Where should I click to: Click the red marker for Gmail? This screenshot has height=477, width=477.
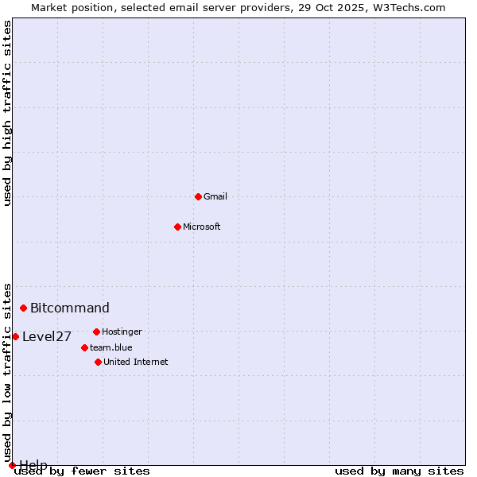click(198, 196)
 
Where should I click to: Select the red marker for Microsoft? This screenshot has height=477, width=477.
click(177, 227)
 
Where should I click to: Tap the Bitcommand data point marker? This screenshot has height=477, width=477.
click(24, 308)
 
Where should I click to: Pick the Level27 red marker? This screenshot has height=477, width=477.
click(15, 336)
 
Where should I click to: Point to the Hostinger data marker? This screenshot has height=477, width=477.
click(96, 332)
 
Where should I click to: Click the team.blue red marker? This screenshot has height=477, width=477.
click(84, 347)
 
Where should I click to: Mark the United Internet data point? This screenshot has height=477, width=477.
click(98, 362)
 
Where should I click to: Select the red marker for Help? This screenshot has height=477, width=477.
click(12, 465)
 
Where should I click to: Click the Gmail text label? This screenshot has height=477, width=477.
click(215, 196)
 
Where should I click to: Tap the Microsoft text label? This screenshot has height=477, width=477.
click(202, 227)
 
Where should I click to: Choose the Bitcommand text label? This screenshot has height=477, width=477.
click(70, 308)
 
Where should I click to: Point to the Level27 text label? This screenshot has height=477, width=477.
click(47, 336)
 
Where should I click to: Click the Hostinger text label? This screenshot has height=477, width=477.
click(122, 332)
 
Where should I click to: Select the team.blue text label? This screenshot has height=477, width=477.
click(111, 347)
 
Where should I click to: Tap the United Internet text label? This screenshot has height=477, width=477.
click(136, 362)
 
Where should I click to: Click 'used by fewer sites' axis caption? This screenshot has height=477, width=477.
click(83, 471)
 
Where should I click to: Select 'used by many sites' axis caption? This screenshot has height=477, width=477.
click(399, 471)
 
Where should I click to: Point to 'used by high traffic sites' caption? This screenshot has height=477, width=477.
click(8, 113)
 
